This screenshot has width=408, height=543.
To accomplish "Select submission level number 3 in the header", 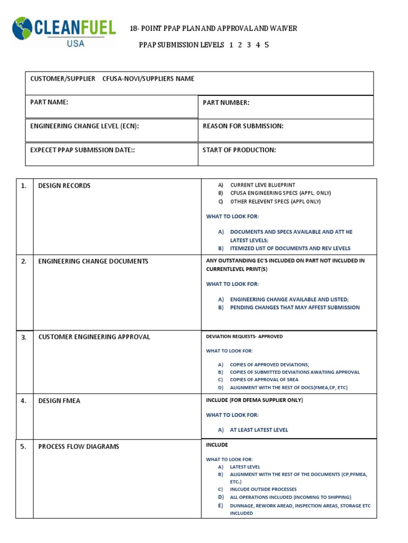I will click(x=249, y=45).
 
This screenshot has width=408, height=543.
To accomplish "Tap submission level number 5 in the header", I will click(x=266, y=45).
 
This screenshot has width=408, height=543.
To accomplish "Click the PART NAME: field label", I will click(x=49, y=102).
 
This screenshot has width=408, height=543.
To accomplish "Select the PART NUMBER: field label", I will click(x=226, y=103).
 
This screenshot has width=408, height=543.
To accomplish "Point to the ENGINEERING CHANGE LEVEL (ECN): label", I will click(x=84, y=126).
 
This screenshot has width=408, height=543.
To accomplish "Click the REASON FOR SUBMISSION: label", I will click(x=243, y=126).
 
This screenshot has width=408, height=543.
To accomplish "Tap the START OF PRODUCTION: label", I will click(x=239, y=150).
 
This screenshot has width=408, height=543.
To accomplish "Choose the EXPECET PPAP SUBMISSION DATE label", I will click(x=82, y=150).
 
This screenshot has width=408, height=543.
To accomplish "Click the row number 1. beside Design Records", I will click(x=23, y=186).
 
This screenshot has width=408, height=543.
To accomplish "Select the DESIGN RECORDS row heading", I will click(x=64, y=186).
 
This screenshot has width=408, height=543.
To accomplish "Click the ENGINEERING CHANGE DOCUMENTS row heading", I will click(x=93, y=261).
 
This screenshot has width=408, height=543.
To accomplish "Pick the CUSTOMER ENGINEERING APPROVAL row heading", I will click(x=94, y=337).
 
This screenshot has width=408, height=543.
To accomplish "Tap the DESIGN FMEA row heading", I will click(x=59, y=401).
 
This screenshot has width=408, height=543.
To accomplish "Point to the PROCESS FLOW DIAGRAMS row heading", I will click(x=79, y=446).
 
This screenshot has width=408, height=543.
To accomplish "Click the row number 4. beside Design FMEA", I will click(x=23, y=401).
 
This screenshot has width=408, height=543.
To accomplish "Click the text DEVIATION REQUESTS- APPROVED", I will click(x=244, y=337).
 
